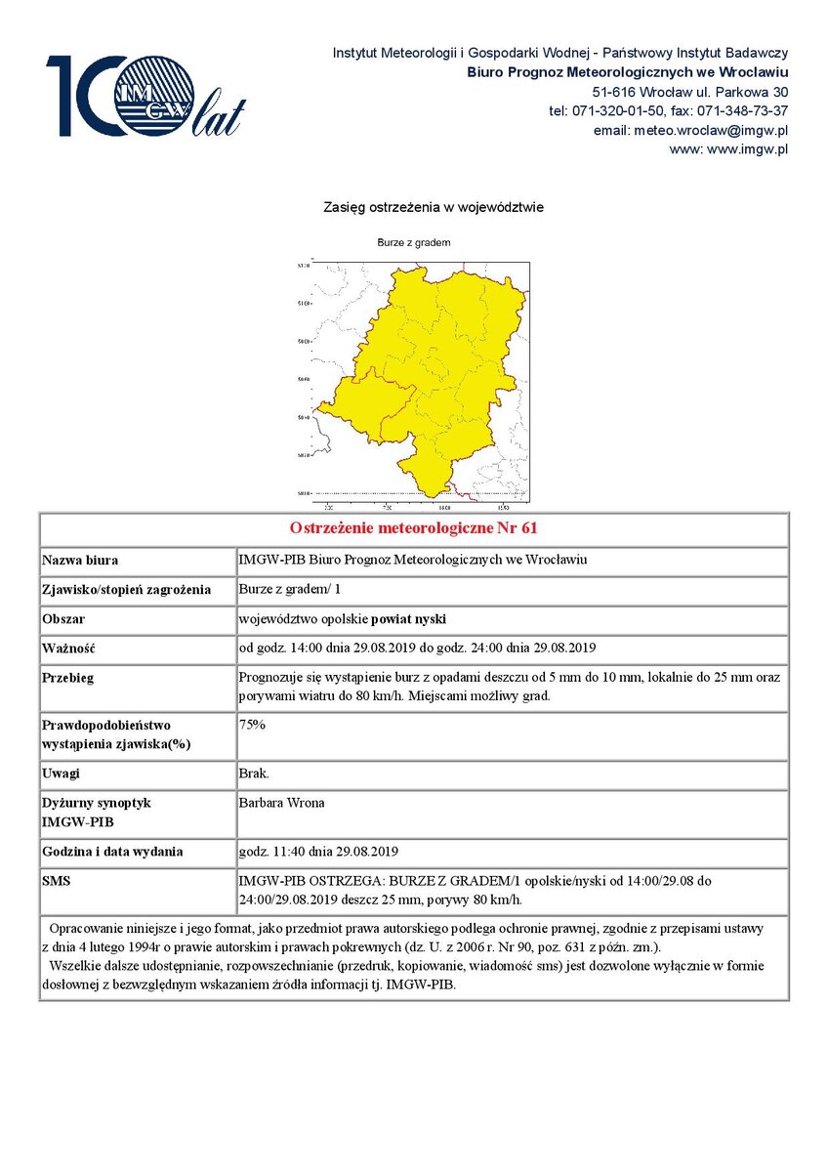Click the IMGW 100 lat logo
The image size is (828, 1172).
pos(145,96)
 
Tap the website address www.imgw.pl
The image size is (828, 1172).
pos(727,149)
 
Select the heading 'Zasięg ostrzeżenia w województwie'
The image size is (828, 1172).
pos(434,207)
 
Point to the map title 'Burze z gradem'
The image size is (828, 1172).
pos(413,242)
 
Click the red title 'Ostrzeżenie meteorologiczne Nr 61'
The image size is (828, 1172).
pos(414,528)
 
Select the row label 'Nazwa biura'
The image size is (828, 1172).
pos(80,562)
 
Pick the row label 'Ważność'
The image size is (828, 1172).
pos(67,649)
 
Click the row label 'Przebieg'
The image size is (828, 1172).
pos(67,678)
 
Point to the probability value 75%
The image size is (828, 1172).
pos(252,726)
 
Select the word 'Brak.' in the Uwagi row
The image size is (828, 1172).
pos(254,774)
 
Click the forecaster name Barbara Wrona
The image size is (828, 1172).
pos(281,803)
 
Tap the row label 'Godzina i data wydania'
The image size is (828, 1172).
pos(112,852)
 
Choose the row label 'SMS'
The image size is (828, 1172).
pos(55,881)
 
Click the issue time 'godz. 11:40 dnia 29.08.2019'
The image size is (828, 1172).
pos(318,852)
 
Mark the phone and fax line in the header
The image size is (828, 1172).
pos(668,110)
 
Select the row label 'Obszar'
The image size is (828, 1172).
pos(63,619)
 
